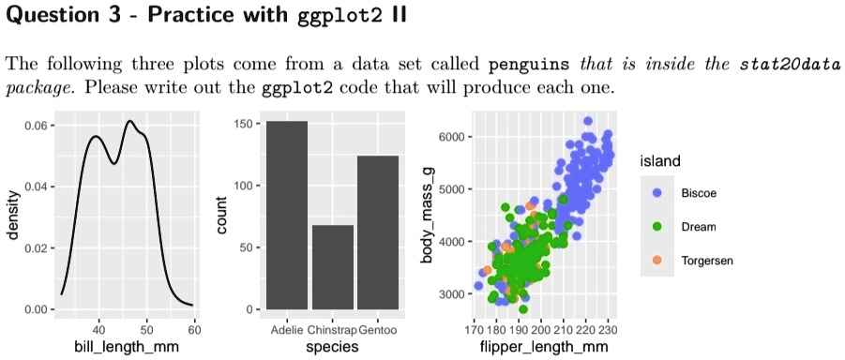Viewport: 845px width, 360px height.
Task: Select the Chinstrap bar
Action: (333, 266)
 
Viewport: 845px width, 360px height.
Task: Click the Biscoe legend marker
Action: (656, 192)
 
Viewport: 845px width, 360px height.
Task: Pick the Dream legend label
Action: (699, 226)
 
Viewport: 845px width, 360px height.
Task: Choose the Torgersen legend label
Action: (707, 260)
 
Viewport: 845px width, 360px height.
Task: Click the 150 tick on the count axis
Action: (244, 125)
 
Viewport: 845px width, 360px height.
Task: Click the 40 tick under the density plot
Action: (98, 329)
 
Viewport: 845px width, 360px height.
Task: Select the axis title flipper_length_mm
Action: (545, 347)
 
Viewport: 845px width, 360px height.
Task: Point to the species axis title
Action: (333, 347)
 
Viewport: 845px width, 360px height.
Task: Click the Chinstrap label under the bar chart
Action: (333, 330)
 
